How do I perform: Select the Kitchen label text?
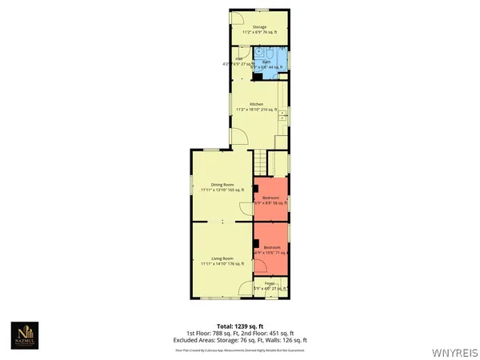[x=256, y=105]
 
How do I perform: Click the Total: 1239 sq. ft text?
[x=240, y=326]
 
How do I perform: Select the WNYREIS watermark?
[x=454, y=350]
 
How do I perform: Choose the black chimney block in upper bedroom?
[x=258, y=189]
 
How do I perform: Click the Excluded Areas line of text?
[x=240, y=339]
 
